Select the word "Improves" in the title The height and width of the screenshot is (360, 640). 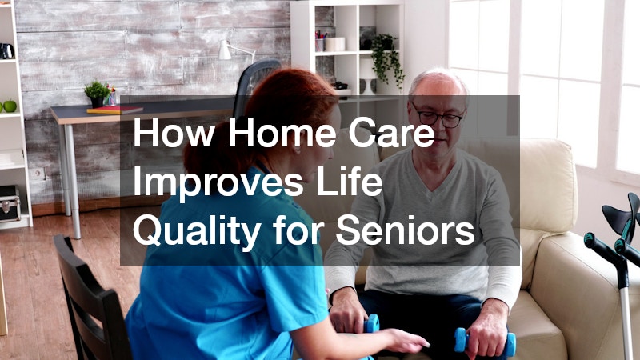pyautogui.click(x=218, y=183)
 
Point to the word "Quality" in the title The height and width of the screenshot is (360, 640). pyautogui.click(x=197, y=231)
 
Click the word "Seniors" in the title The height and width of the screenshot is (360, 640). pyautogui.click(x=406, y=230)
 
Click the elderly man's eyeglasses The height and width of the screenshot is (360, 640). pyautogui.click(x=438, y=116)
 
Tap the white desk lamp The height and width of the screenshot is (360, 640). pyautogui.click(x=234, y=51)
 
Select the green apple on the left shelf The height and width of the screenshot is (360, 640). pyautogui.click(x=9, y=106)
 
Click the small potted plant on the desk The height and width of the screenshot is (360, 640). pyautogui.click(x=97, y=94)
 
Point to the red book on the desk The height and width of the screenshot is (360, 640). pyautogui.click(x=114, y=110)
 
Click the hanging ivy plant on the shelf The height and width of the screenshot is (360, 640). pyautogui.click(x=386, y=59)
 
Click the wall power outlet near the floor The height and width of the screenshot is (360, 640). pyautogui.click(x=38, y=174)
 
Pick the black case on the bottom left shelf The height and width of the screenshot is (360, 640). pyautogui.click(x=10, y=204)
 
